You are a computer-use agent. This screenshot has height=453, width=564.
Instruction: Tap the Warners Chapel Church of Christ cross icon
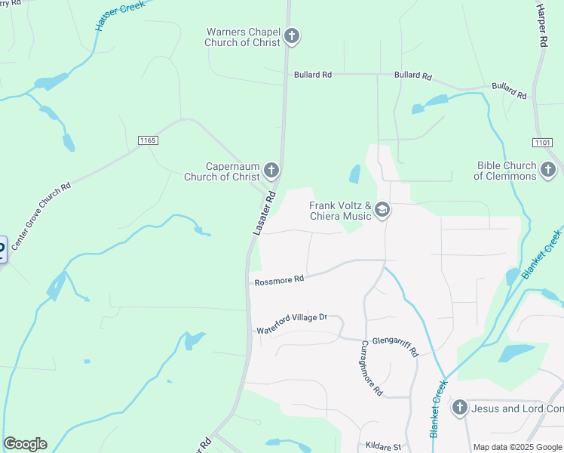(x=292, y=35)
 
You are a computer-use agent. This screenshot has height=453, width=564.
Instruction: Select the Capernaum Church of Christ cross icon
(x=271, y=171)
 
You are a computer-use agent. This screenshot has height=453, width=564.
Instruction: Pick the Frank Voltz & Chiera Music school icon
(x=382, y=210)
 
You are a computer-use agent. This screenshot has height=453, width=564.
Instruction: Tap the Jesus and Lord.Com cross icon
(x=459, y=408)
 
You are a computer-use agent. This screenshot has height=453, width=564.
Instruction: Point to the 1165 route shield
(x=147, y=140)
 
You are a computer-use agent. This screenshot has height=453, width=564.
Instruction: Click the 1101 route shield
(x=541, y=142)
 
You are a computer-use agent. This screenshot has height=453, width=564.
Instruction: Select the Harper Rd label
(x=541, y=26)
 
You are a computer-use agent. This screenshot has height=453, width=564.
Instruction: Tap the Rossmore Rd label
(x=279, y=279)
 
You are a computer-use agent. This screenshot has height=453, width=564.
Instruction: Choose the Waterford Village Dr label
(x=292, y=324)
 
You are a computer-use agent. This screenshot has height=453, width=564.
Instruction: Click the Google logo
(x=25, y=444)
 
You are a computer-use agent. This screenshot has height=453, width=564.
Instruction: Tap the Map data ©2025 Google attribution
(x=516, y=447)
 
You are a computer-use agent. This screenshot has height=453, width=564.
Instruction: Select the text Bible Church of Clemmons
(x=506, y=171)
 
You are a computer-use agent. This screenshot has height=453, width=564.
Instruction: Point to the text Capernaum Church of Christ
(x=222, y=171)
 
